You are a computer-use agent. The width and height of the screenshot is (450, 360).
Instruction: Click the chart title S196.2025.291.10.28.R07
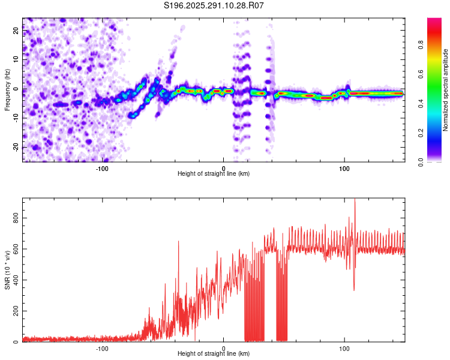(214, 5)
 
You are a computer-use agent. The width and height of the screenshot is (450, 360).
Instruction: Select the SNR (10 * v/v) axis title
(7, 270)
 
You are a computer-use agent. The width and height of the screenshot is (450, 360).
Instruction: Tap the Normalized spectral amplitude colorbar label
(446, 90)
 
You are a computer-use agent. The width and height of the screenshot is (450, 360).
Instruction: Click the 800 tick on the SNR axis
(16, 218)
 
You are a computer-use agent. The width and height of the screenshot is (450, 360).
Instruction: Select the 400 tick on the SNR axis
(16, 280)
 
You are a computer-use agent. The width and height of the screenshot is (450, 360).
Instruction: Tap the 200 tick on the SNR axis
(16, 311)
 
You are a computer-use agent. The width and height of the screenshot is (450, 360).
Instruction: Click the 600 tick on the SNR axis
(16, 250)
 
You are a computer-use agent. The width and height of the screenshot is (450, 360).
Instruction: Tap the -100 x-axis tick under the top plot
(102, 169)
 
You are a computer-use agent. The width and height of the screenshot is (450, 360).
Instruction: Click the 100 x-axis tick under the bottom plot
(344, 349)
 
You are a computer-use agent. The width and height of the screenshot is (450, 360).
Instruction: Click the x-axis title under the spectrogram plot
(214, 174)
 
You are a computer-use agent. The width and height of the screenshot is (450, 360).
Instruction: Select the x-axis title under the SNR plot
(214, 354)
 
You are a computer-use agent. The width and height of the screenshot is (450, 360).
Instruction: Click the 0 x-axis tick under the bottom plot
(223, 349)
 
